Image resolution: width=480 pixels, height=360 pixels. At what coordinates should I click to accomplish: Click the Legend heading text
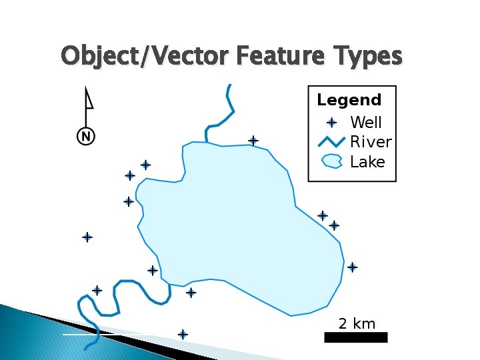click(x=349, y=101)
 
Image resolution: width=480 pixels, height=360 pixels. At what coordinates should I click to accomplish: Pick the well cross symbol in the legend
click(x=332, y=123)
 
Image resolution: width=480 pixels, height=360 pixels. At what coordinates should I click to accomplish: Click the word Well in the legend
click(x=366, y=123)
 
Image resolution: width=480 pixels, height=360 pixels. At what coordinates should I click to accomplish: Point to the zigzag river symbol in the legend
click(x=331, y=141)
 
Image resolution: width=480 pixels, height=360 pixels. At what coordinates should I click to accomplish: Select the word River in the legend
click(x=371, y=142)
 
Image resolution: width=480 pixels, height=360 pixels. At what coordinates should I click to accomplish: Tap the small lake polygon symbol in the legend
click(x=332, y=161)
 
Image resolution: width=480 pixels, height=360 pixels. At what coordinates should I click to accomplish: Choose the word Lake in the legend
click(x=367, y=162)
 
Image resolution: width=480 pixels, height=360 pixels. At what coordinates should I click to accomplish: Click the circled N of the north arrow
click(x=86, y=137)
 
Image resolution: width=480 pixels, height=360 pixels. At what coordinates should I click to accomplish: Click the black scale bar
click(x=355, y=338)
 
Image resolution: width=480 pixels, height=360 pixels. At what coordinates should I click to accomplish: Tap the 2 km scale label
click(x=357, y=324)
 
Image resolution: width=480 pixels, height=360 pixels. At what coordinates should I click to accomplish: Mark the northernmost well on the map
click(x=253, y=141)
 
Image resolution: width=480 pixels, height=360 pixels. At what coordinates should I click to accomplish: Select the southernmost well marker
click(x=183, y=335)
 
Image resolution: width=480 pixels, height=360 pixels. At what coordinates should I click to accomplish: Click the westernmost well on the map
click(x=87, y=237)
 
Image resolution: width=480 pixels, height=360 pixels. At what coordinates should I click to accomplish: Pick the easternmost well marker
click(x=352, y=267)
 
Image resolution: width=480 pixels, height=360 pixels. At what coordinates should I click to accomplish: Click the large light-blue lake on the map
click(x=240, y=220)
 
